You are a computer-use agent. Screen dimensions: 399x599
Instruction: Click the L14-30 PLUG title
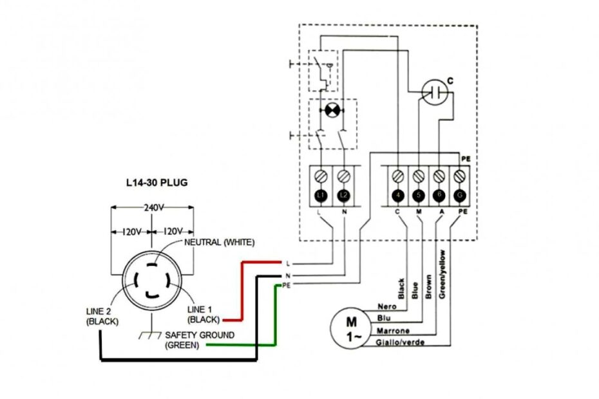157,183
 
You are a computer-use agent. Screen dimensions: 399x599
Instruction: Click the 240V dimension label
152,208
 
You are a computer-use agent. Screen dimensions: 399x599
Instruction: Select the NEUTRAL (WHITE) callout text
220,242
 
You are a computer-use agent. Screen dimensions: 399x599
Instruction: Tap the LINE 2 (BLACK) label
102,316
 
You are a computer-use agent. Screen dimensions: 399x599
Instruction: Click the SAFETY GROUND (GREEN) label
199,340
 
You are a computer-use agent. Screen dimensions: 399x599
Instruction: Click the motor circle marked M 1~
351,326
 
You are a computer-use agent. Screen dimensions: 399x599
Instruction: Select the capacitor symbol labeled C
435,93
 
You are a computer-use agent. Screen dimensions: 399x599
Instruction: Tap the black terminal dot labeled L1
322,195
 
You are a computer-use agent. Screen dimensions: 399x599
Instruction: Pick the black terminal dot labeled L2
343,195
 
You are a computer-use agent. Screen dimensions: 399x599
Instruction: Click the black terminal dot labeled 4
399,195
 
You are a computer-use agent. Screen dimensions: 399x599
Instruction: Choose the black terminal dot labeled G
459,195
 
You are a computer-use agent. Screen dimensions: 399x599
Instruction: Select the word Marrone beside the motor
392,330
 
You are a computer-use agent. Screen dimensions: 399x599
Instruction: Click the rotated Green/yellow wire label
442,274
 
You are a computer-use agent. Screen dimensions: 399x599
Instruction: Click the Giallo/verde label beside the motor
399,342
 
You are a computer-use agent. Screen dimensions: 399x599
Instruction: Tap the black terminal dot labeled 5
419,195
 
